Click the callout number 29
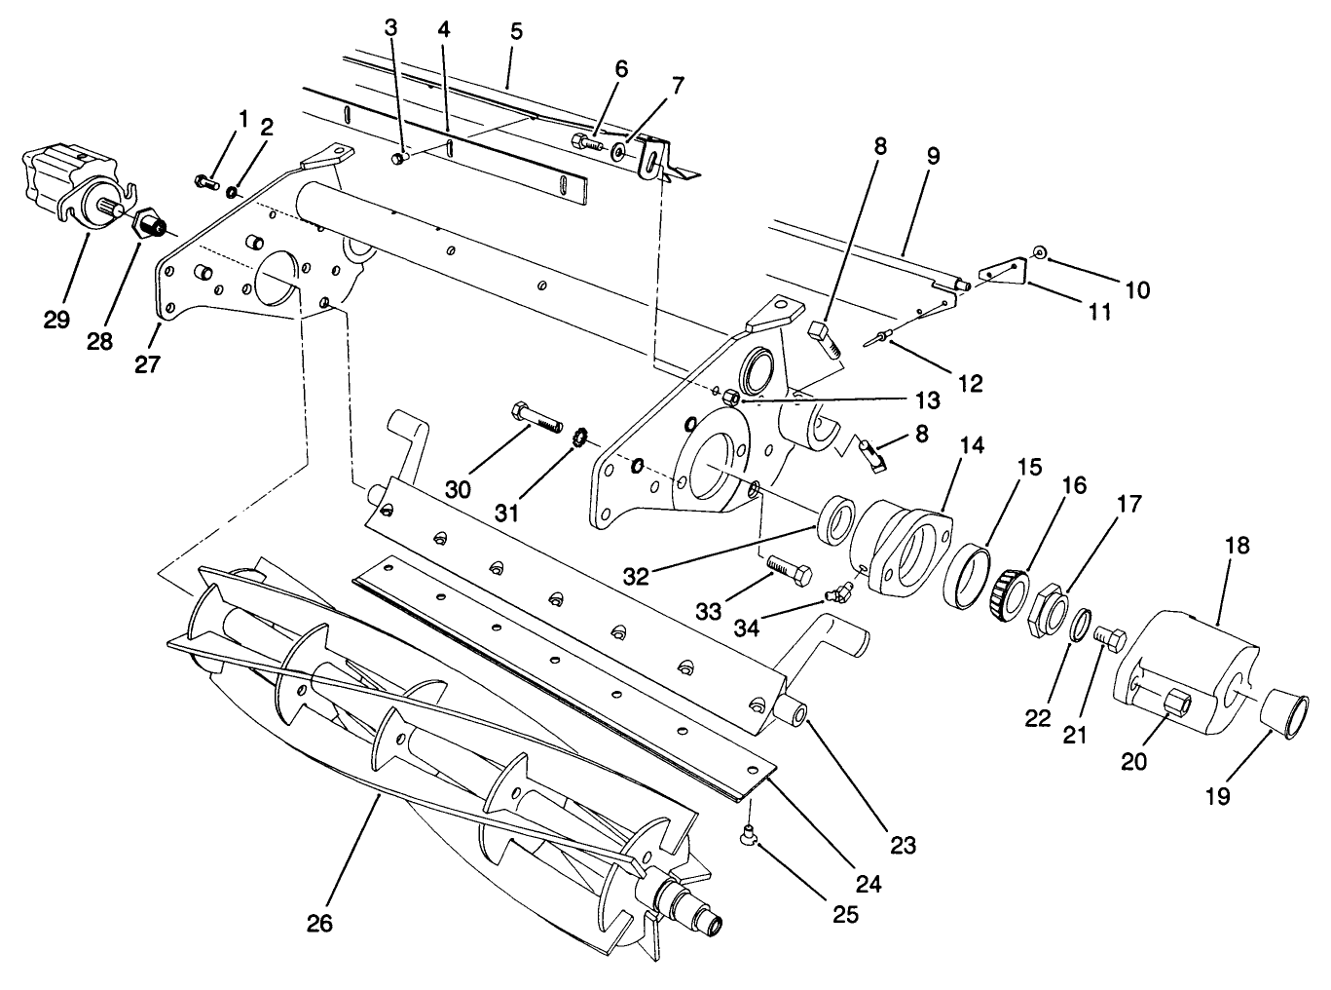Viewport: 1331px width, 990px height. pyautogui.click(x=56, y=320)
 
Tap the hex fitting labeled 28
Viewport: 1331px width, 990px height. pyautogui.click(x=149, y=226)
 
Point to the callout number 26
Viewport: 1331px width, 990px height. pyautogui.click(x=319, y=923)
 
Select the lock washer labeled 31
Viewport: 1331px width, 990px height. pyautogui.click(x=577, y=438)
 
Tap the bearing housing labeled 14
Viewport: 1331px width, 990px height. pyautogui.click(x=902, y=546)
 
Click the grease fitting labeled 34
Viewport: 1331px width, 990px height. pyautogui.click(x=836, y=592)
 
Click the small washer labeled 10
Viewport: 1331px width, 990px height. pyautogui.click(x=1040, y=253)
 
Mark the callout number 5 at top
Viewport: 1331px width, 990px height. pyautogui.click(x=516, y=31)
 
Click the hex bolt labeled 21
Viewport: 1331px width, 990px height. pyautogui.click(x=1111, y=643)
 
